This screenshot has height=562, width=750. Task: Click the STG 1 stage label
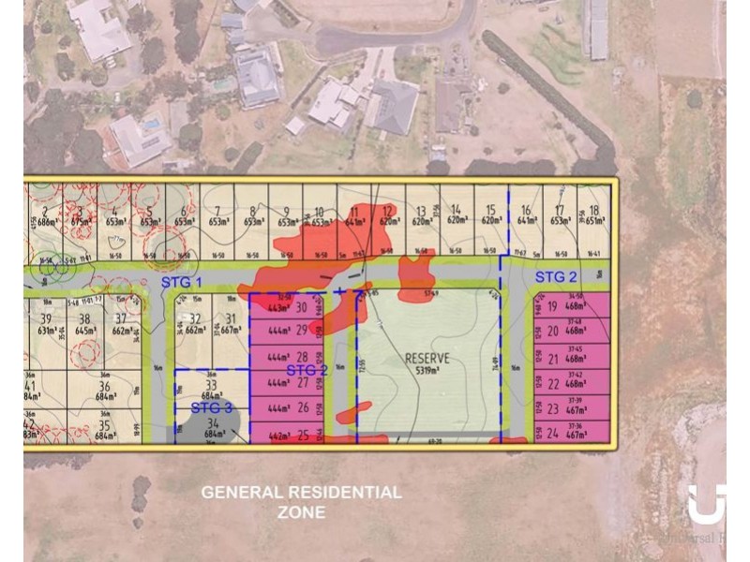pyautogui.click(x=182, y=281)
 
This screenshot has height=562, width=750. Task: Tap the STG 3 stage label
pyautogui.click(x=211, y=407)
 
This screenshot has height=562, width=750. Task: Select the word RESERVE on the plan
pyautogui.click(x=427, y=358)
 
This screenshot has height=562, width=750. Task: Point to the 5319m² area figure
pyautogui.click(x=427, y=371)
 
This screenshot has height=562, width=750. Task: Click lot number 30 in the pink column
pyautogui.click(x=302, y=306)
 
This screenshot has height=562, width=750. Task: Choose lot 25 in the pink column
pyautogui.click(x=303, y=435)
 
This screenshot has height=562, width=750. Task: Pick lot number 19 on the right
pyautogui.click(x=552, y=306)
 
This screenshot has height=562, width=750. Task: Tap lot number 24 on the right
pyautogui.click(x=552, y=434)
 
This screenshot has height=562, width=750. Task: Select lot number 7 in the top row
pyautogui.click(x=217, y=210)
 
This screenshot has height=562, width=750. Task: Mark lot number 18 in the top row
pyautogui.click(x=593, y=210)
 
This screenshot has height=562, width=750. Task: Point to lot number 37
pyautogui.click(x=120, y=318)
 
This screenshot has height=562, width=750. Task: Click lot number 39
pyautogui.click(x=46, y=318)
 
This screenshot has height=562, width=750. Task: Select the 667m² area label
pyautogui.click(x=227, y=330)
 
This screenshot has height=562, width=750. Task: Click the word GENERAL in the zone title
pyautogui.click(x=244, y=493)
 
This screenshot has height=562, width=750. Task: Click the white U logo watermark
pyautogui.click(x=706, y=505)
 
